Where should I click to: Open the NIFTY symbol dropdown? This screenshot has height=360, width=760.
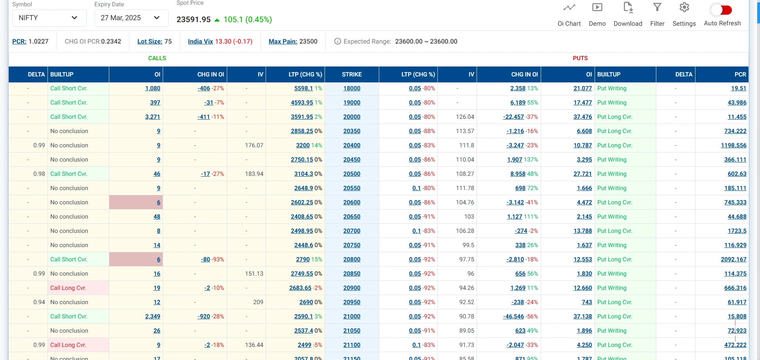click(x=49, y=18)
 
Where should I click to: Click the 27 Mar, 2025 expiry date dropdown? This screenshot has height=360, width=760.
click(x=131, y=18)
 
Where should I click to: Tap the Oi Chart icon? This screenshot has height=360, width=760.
click(x=569, y=8)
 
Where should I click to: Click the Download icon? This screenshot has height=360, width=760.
click(x=628, y=8)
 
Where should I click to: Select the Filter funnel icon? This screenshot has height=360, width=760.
click(x=657, y=8)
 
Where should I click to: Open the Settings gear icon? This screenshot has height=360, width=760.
click(x=684, y=8)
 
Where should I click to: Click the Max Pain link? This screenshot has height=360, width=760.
click(x=283, y=41)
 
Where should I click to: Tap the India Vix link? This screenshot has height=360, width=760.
click(x=200, y=41)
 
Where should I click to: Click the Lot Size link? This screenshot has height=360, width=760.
click(x=150, y=41)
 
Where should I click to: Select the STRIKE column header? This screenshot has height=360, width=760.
click(x=351, y=74)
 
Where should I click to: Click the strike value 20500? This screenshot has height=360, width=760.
click(x=351, y=174)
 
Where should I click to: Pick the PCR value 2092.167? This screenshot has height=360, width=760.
click(x=733, y=259)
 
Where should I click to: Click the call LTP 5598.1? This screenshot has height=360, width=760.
click(x=303, y=88)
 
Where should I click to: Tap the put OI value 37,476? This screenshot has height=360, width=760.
click(x=582, y=117)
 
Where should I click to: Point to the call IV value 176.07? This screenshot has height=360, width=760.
click(x=254, y=145)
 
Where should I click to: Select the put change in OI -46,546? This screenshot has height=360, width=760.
click(x=513, y=316)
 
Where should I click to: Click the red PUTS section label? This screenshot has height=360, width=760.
click(x=580, y=58)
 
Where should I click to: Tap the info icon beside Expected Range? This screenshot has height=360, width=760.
click(x=337, y=41)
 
